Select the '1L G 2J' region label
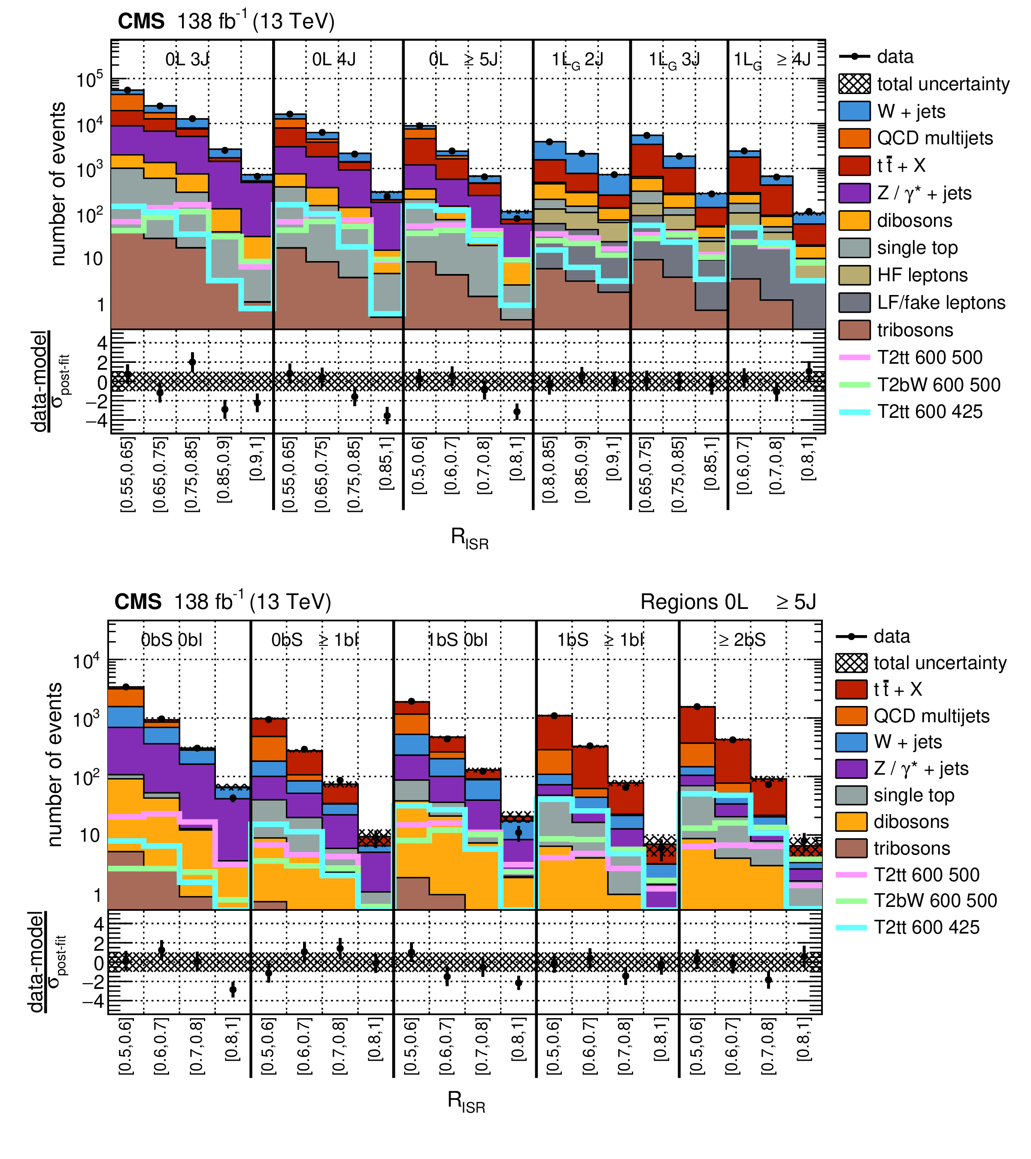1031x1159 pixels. click(x=578, y=60)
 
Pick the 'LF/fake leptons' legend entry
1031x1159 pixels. click(x=941, y=302)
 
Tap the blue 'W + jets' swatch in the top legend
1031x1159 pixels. click(x=854, y=111)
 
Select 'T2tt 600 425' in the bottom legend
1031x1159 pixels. click(x=926, y=927)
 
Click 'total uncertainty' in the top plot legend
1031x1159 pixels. click(x=943, y=84)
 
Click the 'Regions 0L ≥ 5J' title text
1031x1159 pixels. click(x=728, y=602)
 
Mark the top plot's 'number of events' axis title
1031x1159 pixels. click(x=58, y=184)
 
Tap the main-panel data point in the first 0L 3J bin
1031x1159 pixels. click(x=127, y=90)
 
